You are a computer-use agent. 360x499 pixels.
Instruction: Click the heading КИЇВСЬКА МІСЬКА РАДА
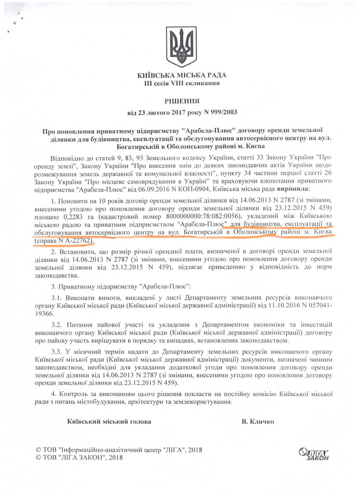click(181, 75)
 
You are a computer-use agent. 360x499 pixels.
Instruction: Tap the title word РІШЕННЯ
click(181, 101)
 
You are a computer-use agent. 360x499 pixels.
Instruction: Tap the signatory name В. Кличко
click(258, 422)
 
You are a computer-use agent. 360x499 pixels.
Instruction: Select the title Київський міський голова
click(109, 422)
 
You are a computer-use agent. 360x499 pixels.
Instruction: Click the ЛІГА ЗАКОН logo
click(314, 454)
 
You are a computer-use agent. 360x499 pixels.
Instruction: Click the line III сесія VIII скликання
click(181, 83)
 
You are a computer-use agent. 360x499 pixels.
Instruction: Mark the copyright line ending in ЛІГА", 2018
click(119, 450)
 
